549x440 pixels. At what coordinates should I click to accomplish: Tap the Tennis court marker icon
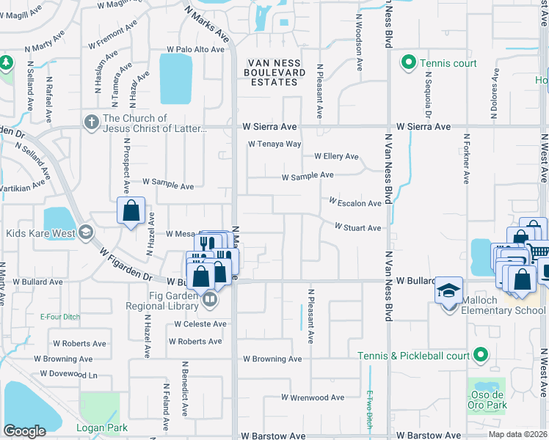pyautogui.click(x=408, y=63)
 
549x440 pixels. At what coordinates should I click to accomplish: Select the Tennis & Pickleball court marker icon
pyautogui.click(x=481, y=356)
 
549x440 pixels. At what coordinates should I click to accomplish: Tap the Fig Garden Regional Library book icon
pyautogui.click(x=209, y=298)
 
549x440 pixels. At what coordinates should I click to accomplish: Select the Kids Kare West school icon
pyautogui.click(x=85, y=233)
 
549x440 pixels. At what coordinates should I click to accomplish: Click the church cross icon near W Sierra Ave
pyautogui.click(x=92, y=122)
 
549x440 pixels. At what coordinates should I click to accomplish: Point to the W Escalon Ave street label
pyautogui.click(x=355, y=202)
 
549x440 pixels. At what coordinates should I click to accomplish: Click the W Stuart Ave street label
pyautogui.click(x=357, y=228)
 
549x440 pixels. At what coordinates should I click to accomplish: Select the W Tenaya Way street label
pyautogui.click(x=274, y=144)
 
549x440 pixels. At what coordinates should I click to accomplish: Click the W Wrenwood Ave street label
pyautogui.click(x=313, y=397)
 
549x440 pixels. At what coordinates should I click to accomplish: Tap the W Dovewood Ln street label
pyautogui.click(x=68, y=374)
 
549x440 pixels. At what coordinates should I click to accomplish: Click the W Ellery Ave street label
pyautogui.click(x=336, y=156)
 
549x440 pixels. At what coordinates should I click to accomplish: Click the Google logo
pyautogui.click(x=24, y=431)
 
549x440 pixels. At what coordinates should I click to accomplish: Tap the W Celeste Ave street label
pyautogui.click(x=197, y=324)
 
